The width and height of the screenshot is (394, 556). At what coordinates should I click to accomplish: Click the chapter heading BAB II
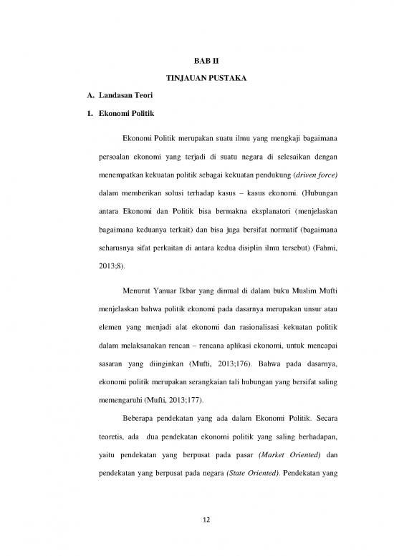[196, 64]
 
